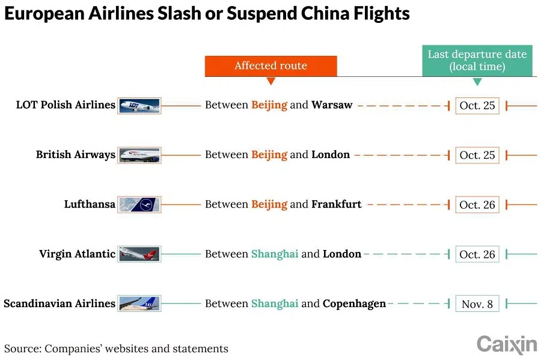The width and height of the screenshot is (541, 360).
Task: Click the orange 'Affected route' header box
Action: click(270, 66)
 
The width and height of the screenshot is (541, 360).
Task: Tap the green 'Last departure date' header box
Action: click(477, 60)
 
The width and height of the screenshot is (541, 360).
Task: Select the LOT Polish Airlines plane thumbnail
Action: click(139, 105)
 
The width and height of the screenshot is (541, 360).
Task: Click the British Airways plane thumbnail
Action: click(139, 155)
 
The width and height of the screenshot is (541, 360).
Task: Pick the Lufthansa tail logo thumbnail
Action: click(139, 204)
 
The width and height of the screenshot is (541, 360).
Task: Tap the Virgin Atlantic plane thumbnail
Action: click(139, 254)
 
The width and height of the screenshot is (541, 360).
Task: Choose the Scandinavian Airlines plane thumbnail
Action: click(139, 304)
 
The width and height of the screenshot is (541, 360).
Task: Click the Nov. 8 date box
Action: click(477, 304)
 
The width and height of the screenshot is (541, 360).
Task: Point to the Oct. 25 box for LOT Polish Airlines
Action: click(477, 106)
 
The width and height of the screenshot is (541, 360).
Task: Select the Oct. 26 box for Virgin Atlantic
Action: click(477, 254)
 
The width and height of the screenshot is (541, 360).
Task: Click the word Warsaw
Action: click(332, 105)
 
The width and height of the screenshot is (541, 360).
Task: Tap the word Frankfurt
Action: click(336, 204)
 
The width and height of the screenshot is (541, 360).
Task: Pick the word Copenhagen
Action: click(354, 304)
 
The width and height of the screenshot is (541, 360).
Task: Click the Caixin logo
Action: click(506, 345)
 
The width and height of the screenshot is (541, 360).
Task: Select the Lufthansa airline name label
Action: click(90, 204)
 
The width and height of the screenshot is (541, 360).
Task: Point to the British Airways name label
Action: click(75, 155)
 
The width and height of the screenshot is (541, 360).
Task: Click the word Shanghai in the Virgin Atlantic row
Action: click(275, 254)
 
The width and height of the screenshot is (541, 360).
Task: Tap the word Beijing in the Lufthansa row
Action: click(269, 204)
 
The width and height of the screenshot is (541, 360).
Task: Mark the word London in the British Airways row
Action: click(330, 155)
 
